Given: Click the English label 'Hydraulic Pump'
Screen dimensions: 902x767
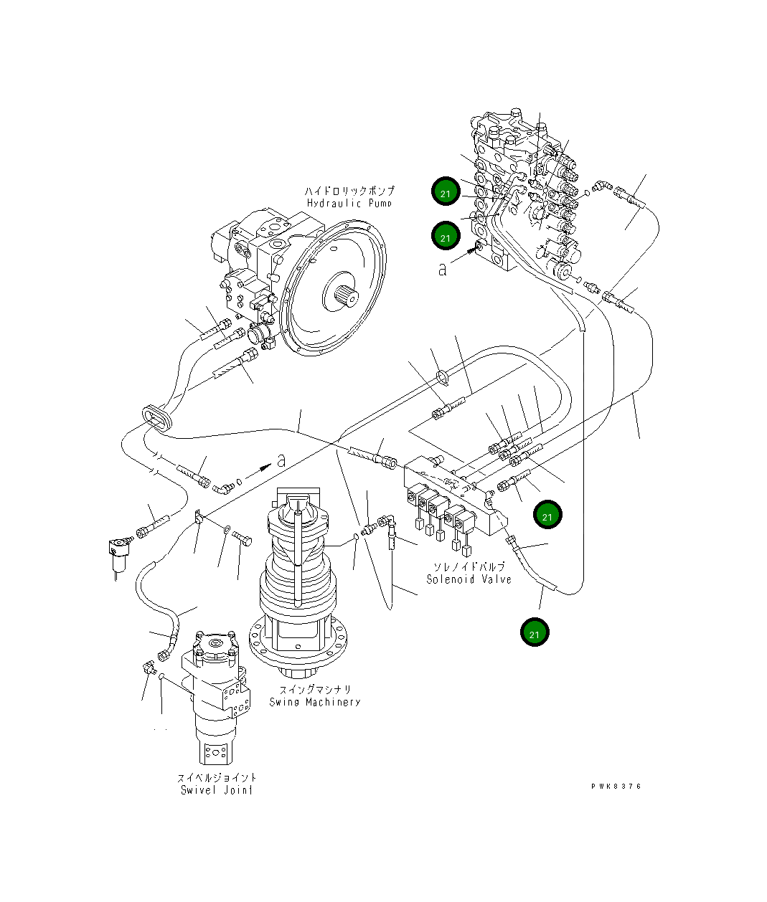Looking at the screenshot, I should click(349, 203).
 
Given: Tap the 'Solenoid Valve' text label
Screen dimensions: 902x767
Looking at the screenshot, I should click(469, 579).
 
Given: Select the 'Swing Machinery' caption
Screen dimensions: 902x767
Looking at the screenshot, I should click(314, 702).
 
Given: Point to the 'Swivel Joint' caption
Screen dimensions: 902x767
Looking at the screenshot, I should click(216, 790).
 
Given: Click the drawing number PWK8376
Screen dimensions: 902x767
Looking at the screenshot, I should click(616, 786).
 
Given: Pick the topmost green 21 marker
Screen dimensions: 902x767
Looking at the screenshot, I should click(446, 193).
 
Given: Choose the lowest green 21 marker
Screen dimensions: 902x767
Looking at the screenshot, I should click(535, 634).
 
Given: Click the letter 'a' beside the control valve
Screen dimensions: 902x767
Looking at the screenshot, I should click(443, 268).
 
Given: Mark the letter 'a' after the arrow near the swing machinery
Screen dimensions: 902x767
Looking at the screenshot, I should click(281, 460).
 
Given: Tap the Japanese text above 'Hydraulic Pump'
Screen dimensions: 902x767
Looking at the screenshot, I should click(349, 191).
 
